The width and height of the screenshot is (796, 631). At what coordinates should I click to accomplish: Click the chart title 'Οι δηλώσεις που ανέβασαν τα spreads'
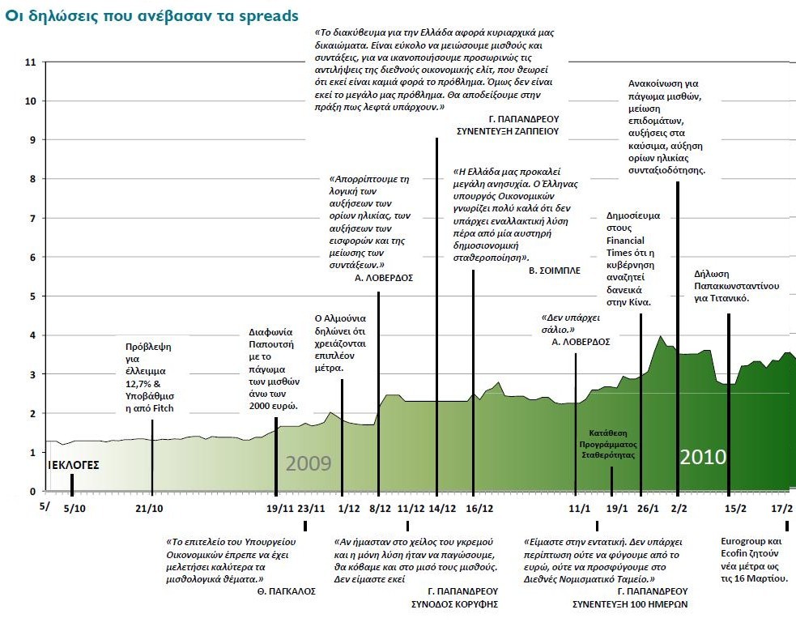(x=151, y=16)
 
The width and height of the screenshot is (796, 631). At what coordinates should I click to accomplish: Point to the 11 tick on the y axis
(x=32, y=62)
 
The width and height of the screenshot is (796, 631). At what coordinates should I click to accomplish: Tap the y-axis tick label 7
(x=32, y=219)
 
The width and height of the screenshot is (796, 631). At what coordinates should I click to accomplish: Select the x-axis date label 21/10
(x=149, y=508)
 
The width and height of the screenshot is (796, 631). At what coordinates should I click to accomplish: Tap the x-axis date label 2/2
(x=679, y=508)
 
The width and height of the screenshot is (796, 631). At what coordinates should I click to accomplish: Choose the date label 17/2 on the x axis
(x=781, y=508)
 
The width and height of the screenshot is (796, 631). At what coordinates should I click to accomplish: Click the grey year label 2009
(x=309, y=463)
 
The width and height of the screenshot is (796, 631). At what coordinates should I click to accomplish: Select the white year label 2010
(x=703, y=457)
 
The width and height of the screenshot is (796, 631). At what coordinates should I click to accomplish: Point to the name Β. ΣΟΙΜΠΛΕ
(x=555, y=271)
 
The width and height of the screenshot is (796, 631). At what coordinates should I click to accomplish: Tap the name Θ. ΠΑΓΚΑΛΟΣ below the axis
(x=286, y=591)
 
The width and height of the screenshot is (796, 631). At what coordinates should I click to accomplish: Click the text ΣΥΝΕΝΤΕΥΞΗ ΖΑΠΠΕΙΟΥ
(x=508, y=130)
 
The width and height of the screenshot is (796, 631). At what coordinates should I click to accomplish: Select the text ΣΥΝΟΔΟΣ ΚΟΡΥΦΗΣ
(x=458, y=603)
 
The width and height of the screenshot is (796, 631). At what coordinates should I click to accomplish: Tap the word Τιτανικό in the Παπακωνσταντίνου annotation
(x=728, y=298)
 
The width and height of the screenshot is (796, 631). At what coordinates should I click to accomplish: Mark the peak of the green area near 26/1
(x=661, y=335)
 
